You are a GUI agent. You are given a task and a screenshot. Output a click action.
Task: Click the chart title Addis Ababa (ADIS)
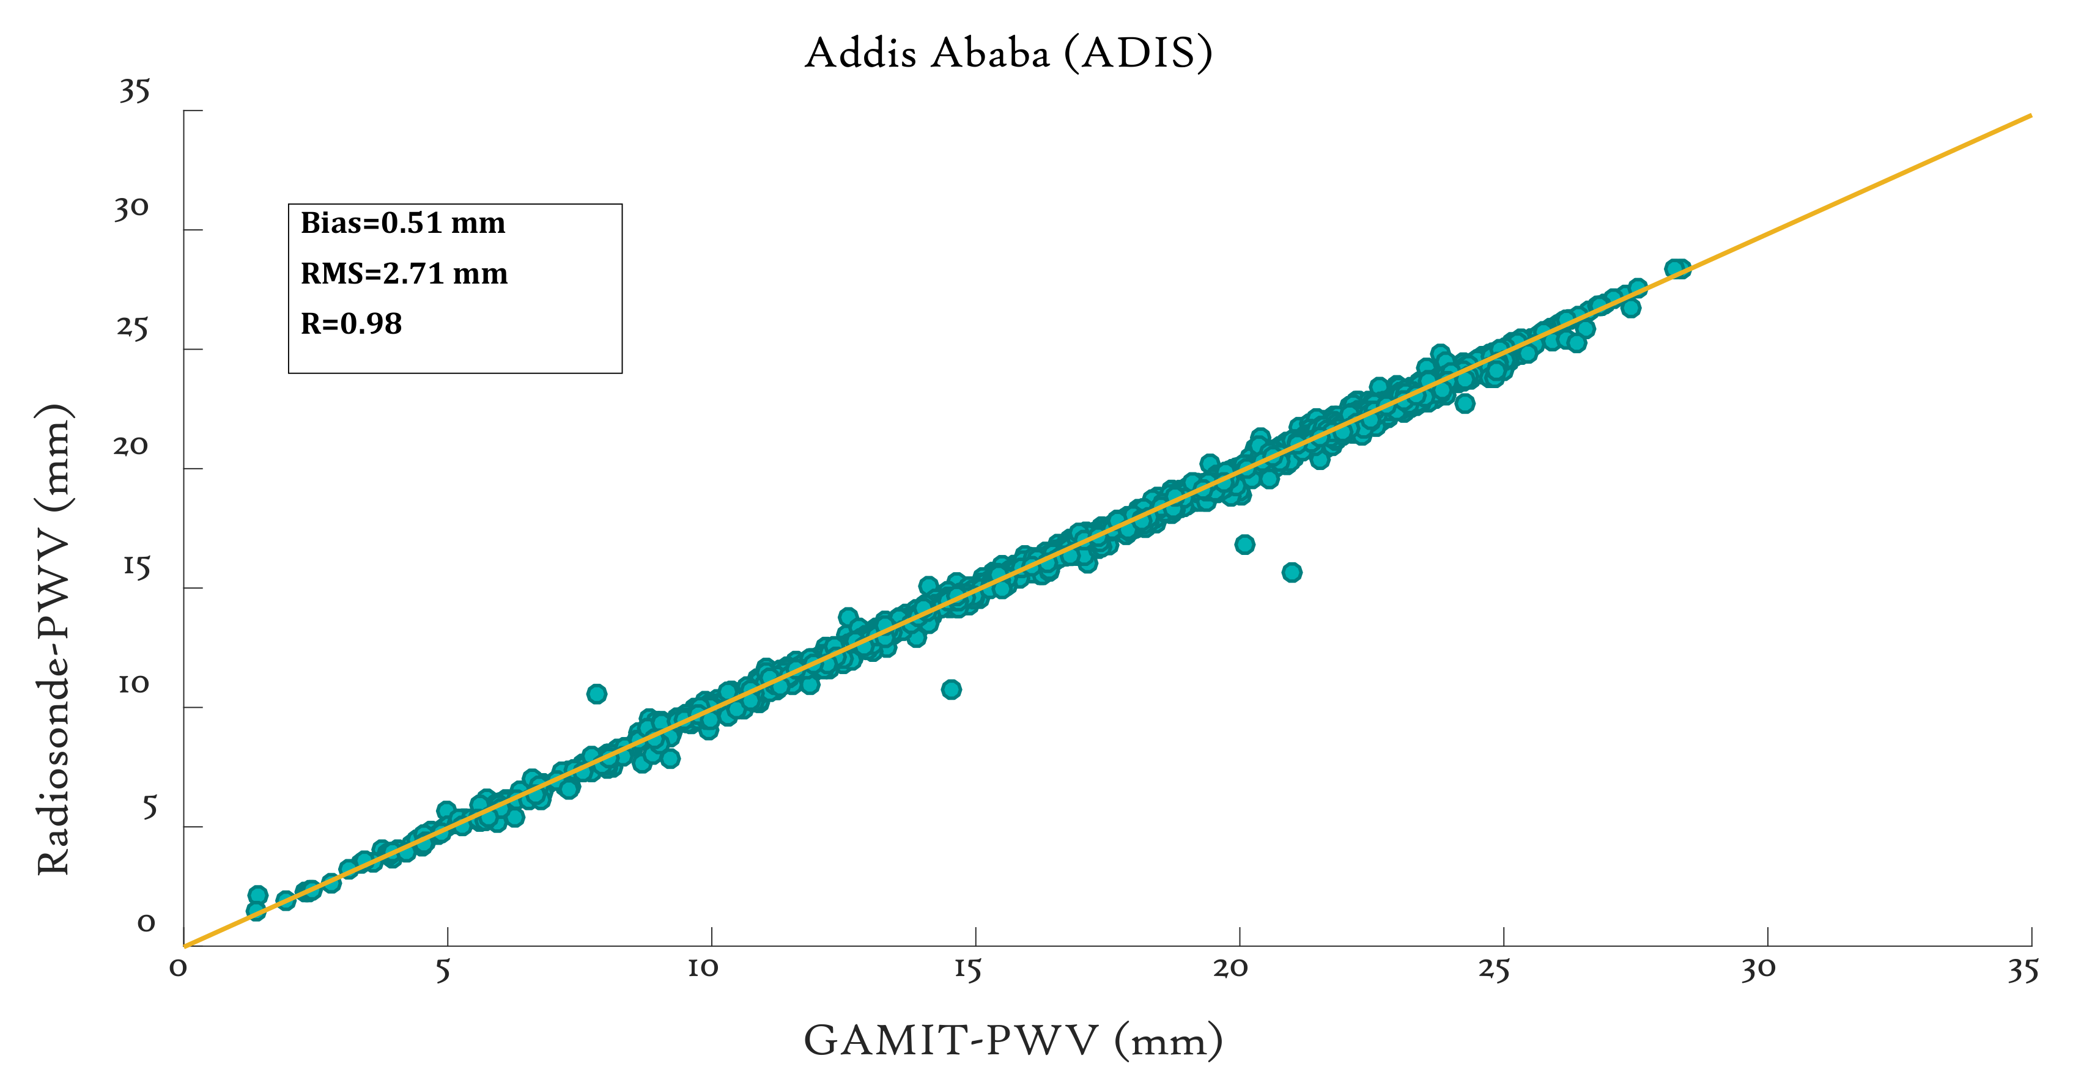(x=1008, y=54)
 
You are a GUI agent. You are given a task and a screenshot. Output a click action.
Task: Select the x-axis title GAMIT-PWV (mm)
(x=1013, y=1040)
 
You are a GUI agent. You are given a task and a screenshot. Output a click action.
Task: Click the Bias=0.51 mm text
(x=403, y=223)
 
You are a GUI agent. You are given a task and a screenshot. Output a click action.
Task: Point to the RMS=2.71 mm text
(x=404, y=274)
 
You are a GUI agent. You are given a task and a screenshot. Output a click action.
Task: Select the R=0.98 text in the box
(x=351, y=324)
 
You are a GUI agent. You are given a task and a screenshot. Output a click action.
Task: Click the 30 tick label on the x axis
(x=1758, y=969)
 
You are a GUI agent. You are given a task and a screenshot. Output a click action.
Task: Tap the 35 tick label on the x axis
(x=2022, y=969)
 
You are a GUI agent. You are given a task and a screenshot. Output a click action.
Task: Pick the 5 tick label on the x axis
(x=443, y=969)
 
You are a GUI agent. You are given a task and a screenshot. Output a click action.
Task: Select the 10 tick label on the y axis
(x=133, y=685)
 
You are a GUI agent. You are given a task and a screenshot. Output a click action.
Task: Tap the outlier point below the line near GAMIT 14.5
(x=951, y=689)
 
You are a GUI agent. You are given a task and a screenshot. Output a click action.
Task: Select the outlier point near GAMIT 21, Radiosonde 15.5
(x=1292, y=572)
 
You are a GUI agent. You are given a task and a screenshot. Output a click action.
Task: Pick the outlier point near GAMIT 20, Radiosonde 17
(x=1244, y=545)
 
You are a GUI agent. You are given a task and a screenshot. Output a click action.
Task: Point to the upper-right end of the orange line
(x=2030, y=116)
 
